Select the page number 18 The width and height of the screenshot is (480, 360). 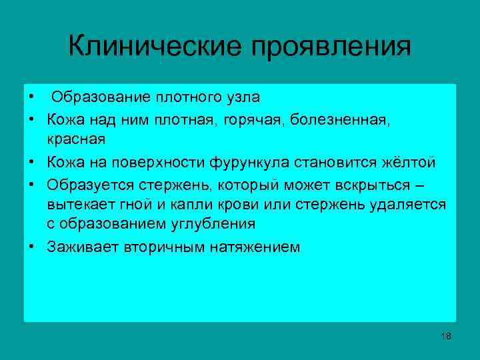point(446,336)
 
